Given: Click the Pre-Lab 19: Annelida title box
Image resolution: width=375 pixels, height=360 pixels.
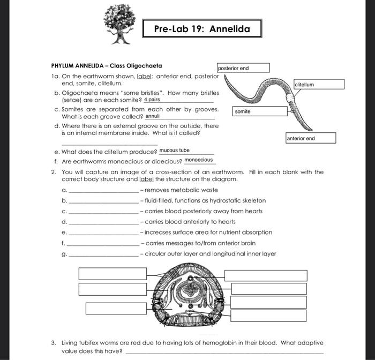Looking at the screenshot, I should click(201, 28).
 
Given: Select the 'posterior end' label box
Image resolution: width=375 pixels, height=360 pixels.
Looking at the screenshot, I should click(243, 68).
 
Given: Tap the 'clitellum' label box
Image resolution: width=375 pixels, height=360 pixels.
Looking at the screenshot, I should click(319, 84).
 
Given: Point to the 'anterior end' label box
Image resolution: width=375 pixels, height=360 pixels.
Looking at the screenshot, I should click(310, 138).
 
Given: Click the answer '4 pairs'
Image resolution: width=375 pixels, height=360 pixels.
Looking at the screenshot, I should click(152, 100).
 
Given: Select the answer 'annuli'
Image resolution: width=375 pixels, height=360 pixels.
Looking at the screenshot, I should click(153, 116).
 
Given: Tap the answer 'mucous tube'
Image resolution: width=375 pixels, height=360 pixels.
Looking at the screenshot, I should click(174, 151).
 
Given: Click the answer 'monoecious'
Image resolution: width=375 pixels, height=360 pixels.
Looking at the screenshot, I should click(198, 160).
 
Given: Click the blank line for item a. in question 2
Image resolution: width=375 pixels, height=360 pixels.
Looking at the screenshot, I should click(104, 191).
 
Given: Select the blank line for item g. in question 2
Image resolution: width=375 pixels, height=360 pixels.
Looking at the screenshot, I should click(104, 256).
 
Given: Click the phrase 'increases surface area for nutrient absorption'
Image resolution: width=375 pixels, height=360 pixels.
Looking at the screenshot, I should click(208, 232).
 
